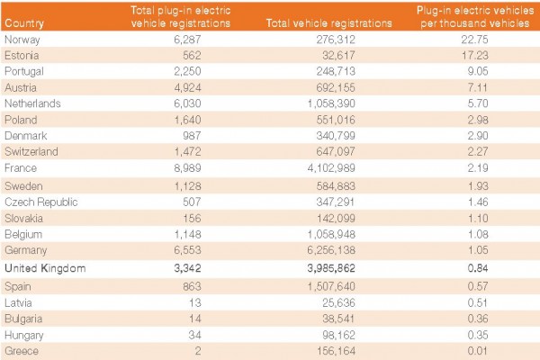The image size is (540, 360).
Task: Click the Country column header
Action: pyautogui.click(x=23, y=23)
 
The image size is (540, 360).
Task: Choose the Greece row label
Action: pyautogui.click(x=21, y=350)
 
